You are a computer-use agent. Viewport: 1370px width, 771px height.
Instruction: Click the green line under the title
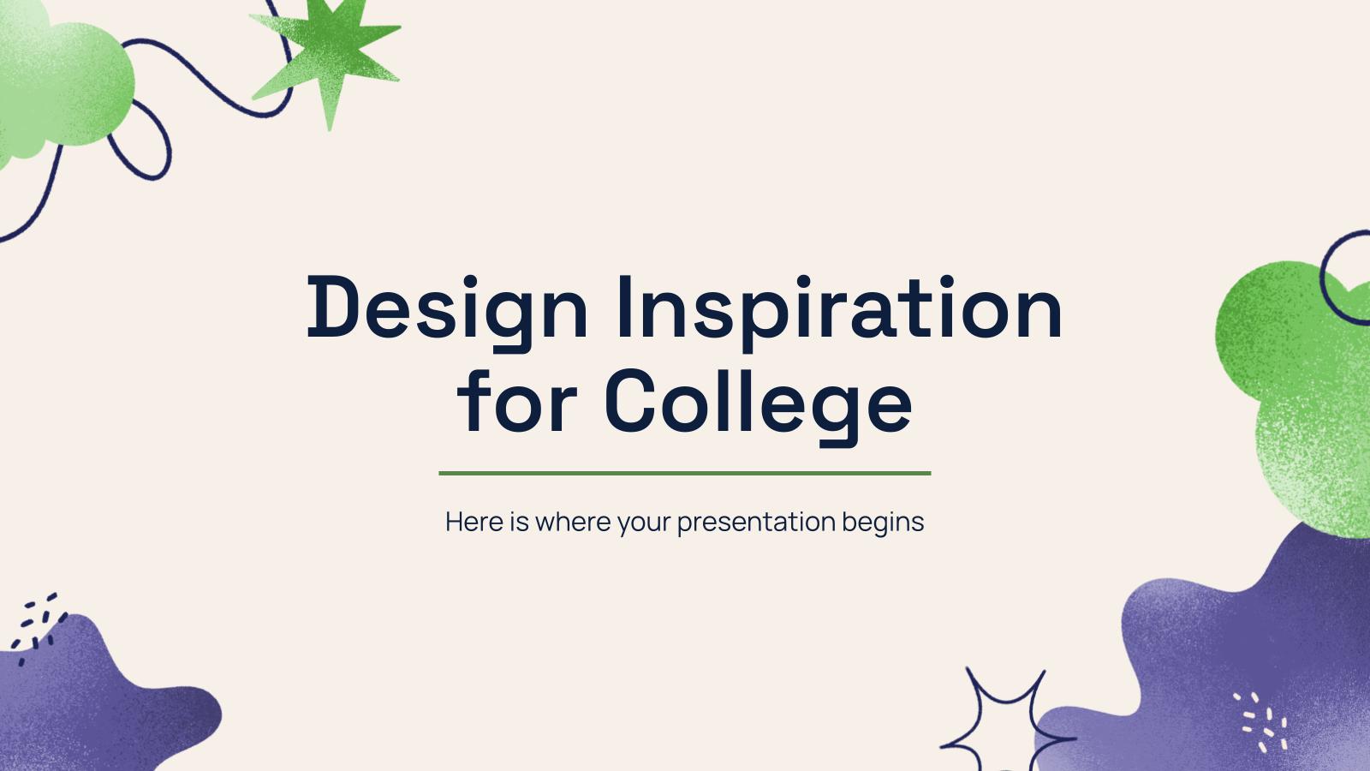pyautogui.click(x=684, y=473)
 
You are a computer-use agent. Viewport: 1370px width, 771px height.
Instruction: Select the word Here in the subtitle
pyautogui.click(x=474, y=522)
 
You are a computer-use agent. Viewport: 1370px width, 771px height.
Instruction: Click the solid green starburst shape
pyautogui.click(x=330, y=56)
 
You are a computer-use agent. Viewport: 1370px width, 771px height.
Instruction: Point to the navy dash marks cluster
pyautogui.click(x=39, y=625)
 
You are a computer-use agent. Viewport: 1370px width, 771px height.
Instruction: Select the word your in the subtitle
pyautogui.click(x=644, y=522)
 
